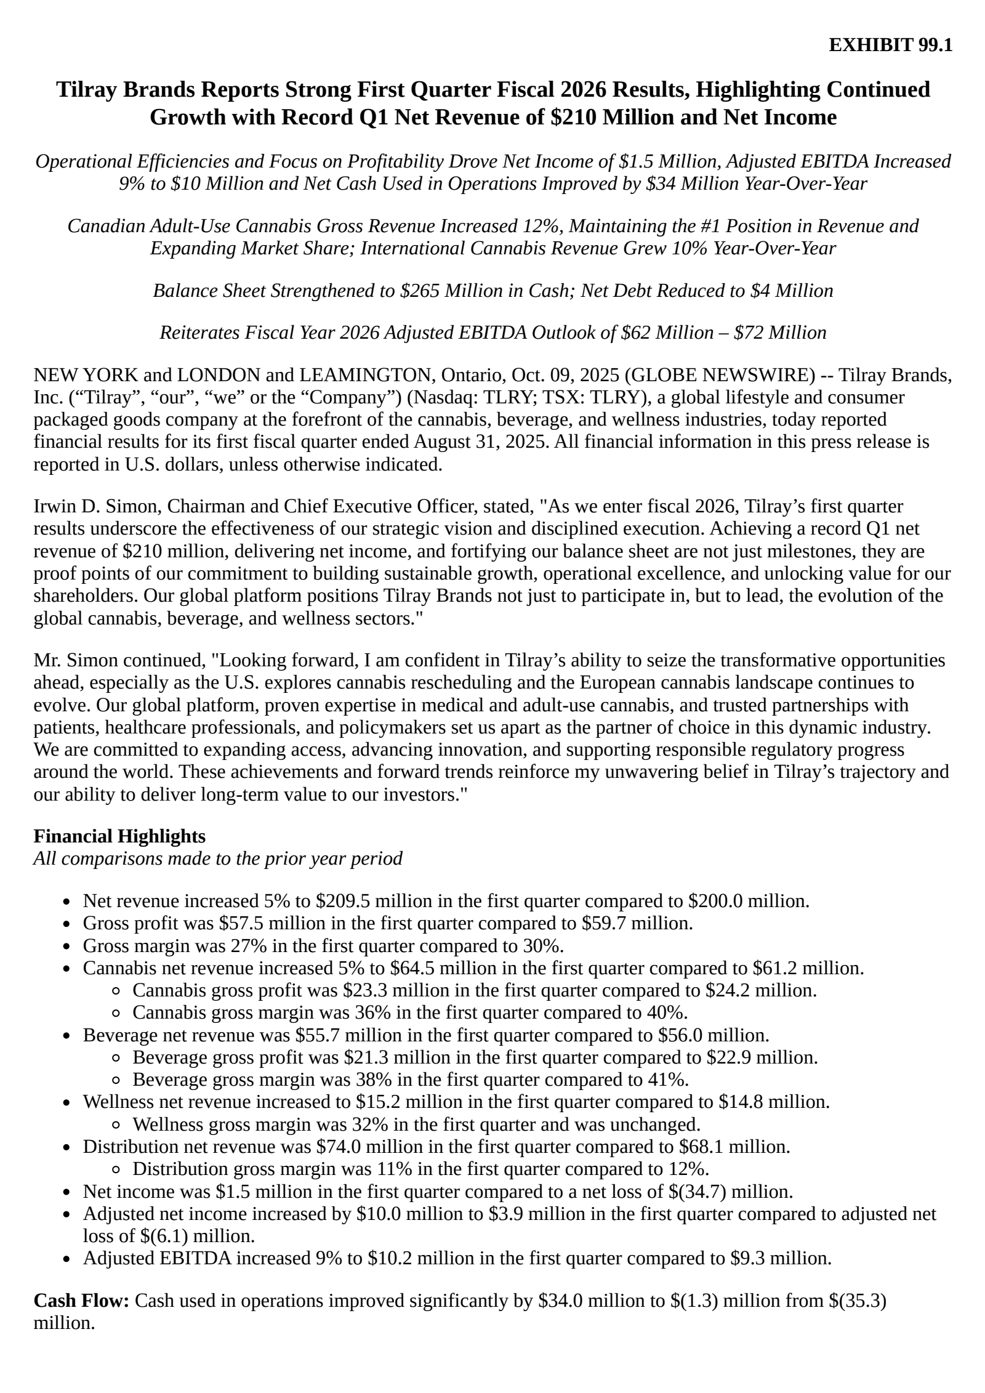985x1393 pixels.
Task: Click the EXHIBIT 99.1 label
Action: pyautogui.click(x=890, y=45)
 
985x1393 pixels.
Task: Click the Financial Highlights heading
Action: pyautogui.click(x=119, y=836)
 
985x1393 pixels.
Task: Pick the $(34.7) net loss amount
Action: pyautogui.click(x=697, y=1191)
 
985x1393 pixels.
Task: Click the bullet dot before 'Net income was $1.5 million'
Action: pyautogui.click(x=69, y=1192)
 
